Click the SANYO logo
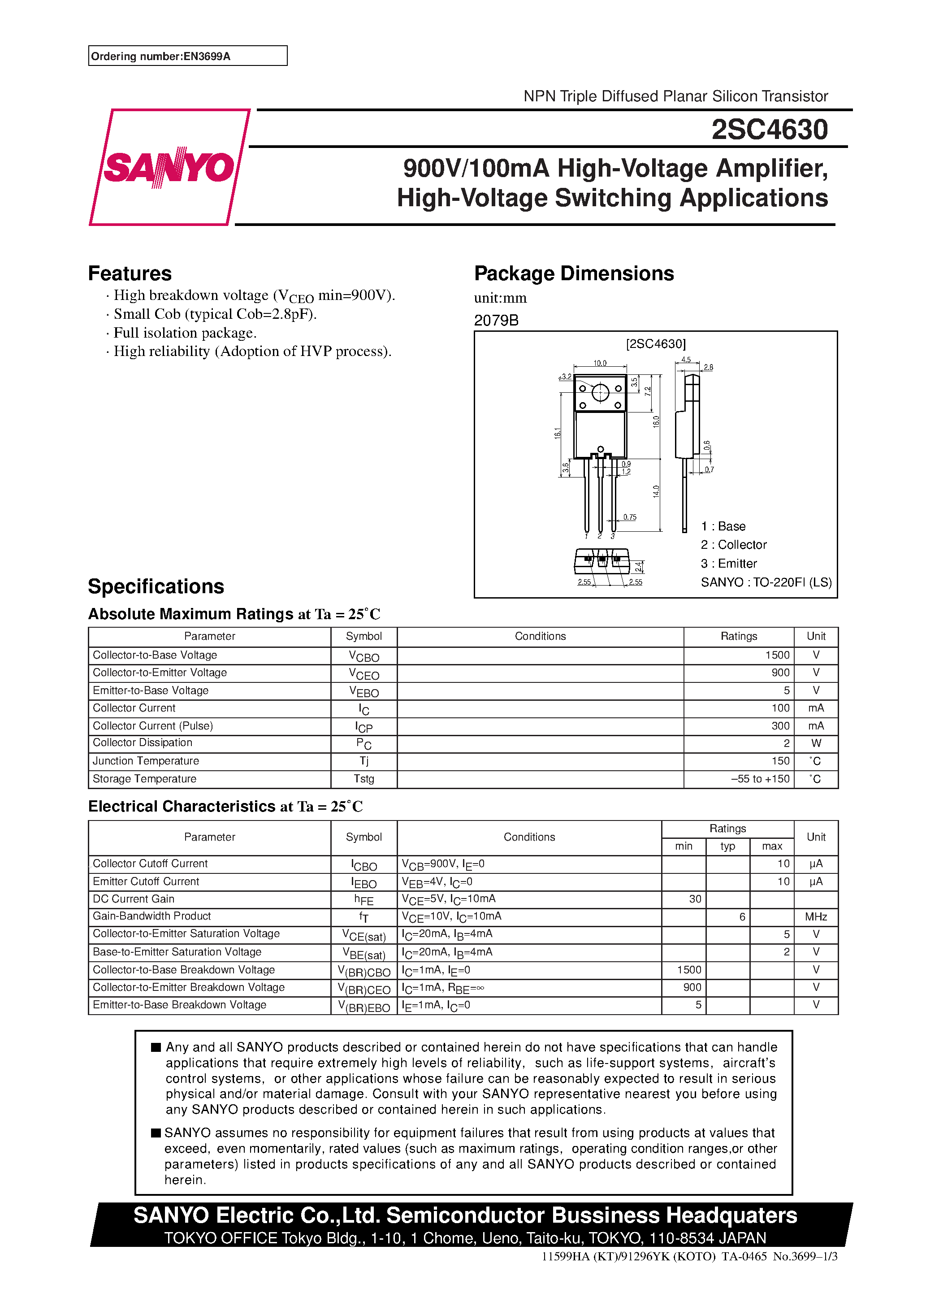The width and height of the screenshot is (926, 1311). [169, 167]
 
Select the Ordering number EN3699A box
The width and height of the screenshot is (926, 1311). [187, 56]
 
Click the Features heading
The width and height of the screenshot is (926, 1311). [130, 273]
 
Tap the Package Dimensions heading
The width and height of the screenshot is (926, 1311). [573, 273]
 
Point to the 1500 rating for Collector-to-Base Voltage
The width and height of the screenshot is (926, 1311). [777, 655]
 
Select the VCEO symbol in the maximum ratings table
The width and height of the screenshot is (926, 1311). [363, 674]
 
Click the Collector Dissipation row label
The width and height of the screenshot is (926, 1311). [142, 743]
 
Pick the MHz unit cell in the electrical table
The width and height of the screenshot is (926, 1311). [815, 917]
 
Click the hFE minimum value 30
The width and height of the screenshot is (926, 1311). [694, 899]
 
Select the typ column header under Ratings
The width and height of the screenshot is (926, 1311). [727, 846]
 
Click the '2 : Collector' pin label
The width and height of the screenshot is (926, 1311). [734, 545]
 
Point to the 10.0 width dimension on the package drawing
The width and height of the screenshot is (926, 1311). [599, 363]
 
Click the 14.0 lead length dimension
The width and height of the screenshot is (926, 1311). [656, 491]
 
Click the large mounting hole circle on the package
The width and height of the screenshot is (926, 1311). [600, 392]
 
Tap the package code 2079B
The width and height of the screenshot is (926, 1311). [496, 320]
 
